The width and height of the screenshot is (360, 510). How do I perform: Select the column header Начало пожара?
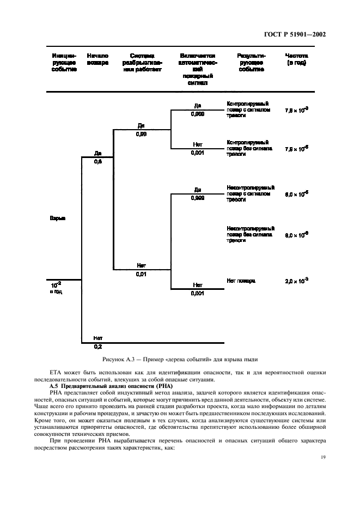click(x=97, y=59)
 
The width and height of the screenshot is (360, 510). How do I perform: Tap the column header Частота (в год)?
click(x=296, y=59)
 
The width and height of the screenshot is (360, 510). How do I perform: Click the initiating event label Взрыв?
click(x=58, y=218)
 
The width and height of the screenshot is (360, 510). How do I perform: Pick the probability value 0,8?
click(x=98, y=161)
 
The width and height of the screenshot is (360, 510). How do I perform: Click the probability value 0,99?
click(x=141, y=133)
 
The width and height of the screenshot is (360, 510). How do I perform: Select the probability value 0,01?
click(x=141, y=274)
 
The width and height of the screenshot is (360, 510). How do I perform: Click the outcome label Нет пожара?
click(x=240, y=281)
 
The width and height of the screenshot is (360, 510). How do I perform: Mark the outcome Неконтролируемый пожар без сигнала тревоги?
click(x=250, y=234)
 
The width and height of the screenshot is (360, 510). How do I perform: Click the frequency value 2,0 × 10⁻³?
click(x=296, y=281)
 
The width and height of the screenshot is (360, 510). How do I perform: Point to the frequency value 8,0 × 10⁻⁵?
click(x=296, y=193)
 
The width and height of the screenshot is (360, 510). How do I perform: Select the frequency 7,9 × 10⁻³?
click(x=296, y=110)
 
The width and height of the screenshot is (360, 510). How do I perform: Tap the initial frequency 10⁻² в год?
click(x=56, y=287)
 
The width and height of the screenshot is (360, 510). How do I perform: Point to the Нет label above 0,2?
click(x=98, y=338)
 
